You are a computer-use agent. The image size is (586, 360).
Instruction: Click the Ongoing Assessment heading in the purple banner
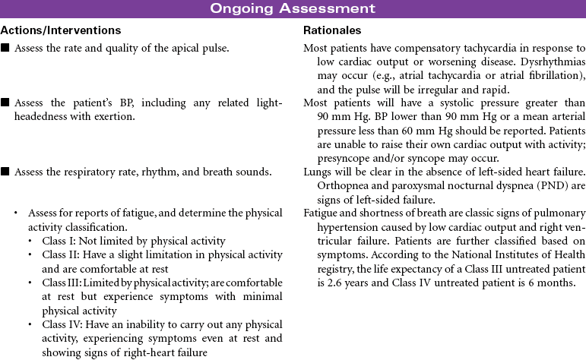pyautogui.click(x=293, y=8)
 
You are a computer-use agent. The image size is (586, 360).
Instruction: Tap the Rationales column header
pyautogui.click(x=332, y=30)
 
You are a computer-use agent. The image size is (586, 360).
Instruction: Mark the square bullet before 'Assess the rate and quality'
pyautogui.click(x=5, y=49)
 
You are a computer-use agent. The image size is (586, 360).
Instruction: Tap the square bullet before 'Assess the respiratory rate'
pyautogui.click(x=5, y=172)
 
